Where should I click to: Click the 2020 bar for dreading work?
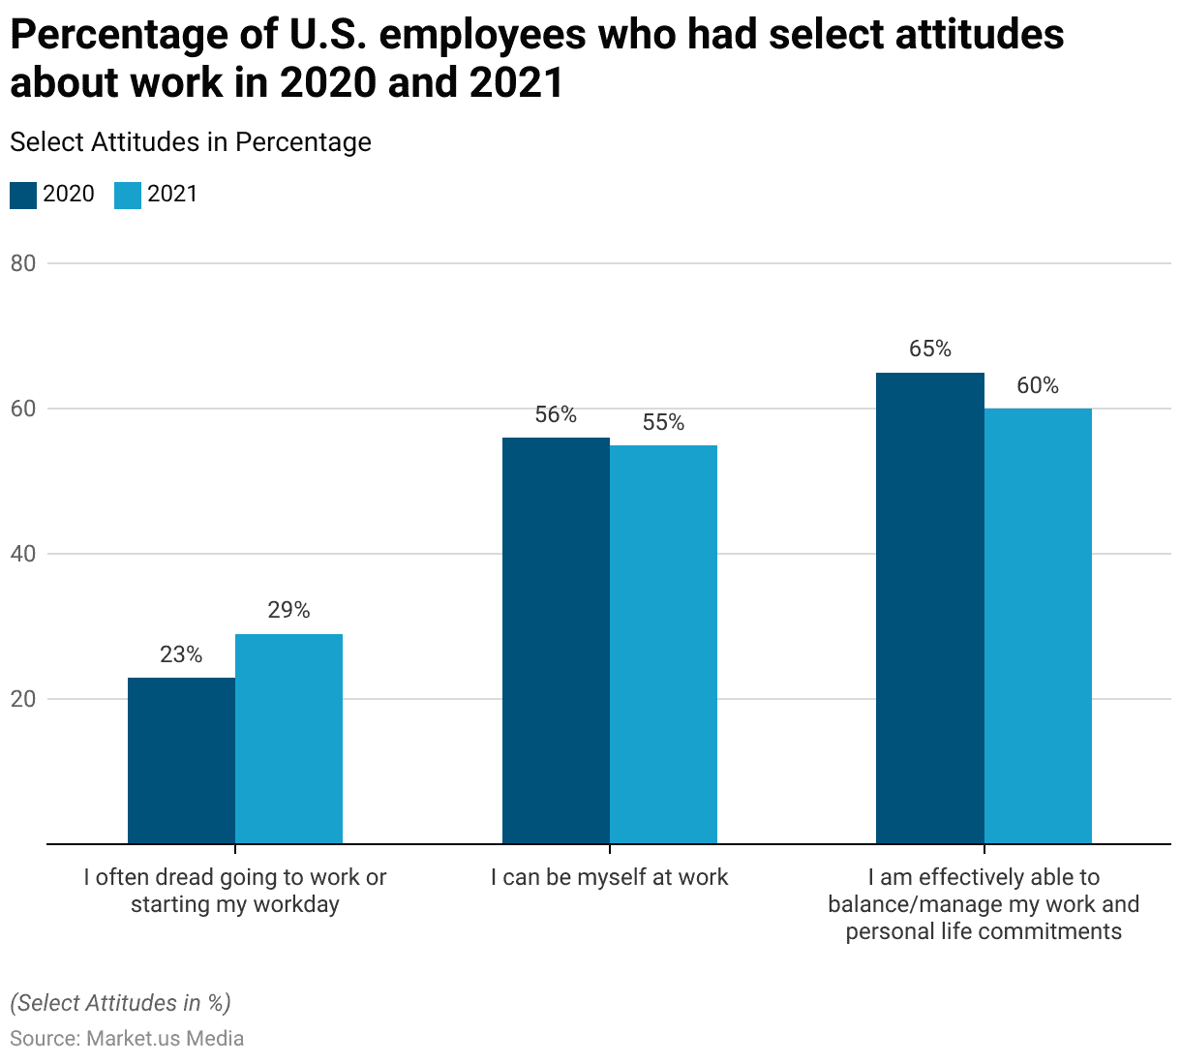pos(181,761)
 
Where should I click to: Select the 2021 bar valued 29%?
pos(288,739)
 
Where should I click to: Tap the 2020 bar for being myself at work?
pos(556,641)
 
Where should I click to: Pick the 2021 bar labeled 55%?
pos(663,645)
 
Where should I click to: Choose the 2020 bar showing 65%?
pos(929,608)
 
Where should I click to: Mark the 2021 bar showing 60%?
pos(1038,626)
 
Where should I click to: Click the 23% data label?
pos(181,655)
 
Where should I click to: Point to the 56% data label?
pos(556,415)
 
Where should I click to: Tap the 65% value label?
pos(929,349)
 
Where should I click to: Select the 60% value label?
pos(1038,386)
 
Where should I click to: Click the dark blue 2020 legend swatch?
pos(23,195)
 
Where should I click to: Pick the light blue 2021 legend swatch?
pos(128,195)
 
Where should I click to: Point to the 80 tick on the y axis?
pos(23,263)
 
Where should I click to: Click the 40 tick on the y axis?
pos(23,554)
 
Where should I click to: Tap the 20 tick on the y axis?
pos(23,699)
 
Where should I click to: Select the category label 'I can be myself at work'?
pos(609,878)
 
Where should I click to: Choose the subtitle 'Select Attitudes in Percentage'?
pos(191,142)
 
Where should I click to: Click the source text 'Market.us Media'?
pos(165,1039)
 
